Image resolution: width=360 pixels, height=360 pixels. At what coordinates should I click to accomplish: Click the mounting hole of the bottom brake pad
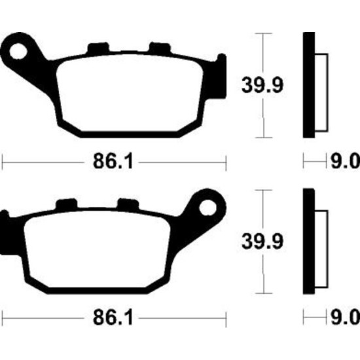coord(208,207)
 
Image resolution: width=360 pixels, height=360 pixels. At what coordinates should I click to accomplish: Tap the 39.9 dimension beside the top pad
coord(262,85)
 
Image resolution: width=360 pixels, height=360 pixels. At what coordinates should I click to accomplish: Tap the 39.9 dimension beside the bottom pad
coord(262,242)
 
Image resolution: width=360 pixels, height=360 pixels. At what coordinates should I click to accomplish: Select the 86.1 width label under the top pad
coord(113,161)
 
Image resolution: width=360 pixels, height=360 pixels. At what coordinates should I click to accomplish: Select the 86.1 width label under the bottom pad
coord(113,317)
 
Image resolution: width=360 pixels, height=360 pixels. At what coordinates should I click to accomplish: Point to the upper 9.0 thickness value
coord(345,161)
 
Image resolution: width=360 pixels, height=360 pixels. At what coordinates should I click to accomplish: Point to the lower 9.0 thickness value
coord(345,317)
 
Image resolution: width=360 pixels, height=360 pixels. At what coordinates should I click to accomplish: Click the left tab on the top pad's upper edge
coord(98,48)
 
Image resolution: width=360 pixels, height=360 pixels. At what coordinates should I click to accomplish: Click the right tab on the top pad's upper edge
coord(160,48)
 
